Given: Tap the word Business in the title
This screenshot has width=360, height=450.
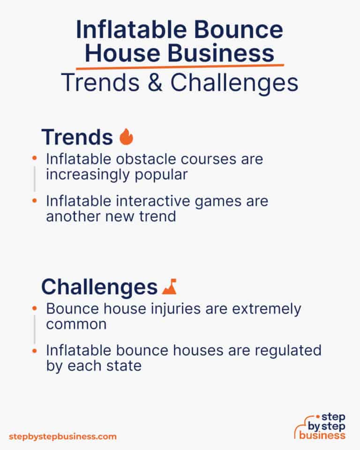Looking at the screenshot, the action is coord(221,53).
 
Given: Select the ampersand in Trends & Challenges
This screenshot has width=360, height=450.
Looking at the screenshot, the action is coord(155,82).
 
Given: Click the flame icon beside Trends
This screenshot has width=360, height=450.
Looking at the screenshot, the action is coord(126,136).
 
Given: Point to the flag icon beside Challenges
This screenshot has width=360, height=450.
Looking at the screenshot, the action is coord(169,286).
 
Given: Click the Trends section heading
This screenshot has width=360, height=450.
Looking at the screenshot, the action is coord(77,137).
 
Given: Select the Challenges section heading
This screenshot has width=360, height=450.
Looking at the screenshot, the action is coord(99,286).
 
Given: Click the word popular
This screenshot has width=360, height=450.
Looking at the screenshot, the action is coord(161,175).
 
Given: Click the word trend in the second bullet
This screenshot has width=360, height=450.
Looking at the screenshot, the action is coord(157,216).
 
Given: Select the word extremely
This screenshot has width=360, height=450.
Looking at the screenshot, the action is coord(267,309).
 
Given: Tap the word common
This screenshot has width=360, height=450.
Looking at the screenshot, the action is coord(76,324).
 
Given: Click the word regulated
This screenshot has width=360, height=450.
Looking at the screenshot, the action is coord(288,351).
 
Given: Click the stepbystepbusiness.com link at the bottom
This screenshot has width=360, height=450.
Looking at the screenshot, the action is coord(63,436).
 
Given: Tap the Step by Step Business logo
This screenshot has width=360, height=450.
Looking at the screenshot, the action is coord(320,426).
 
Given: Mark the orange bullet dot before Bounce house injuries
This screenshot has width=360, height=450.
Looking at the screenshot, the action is coord(34,309).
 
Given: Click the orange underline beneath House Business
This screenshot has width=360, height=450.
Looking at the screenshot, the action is coord(180,67).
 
